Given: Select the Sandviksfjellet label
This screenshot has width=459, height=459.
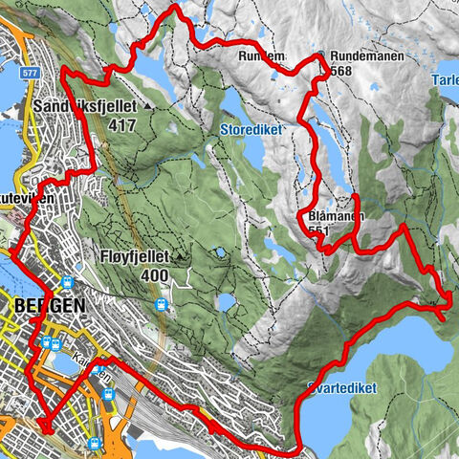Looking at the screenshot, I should coord(86,105).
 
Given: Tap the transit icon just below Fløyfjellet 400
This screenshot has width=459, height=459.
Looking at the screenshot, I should coord(163,305).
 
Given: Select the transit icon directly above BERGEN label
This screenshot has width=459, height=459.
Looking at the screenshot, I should coord(68,282).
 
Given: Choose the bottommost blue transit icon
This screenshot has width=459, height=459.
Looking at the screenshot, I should coord(94,444).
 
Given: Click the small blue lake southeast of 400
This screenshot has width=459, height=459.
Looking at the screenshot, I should coord(227,303).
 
